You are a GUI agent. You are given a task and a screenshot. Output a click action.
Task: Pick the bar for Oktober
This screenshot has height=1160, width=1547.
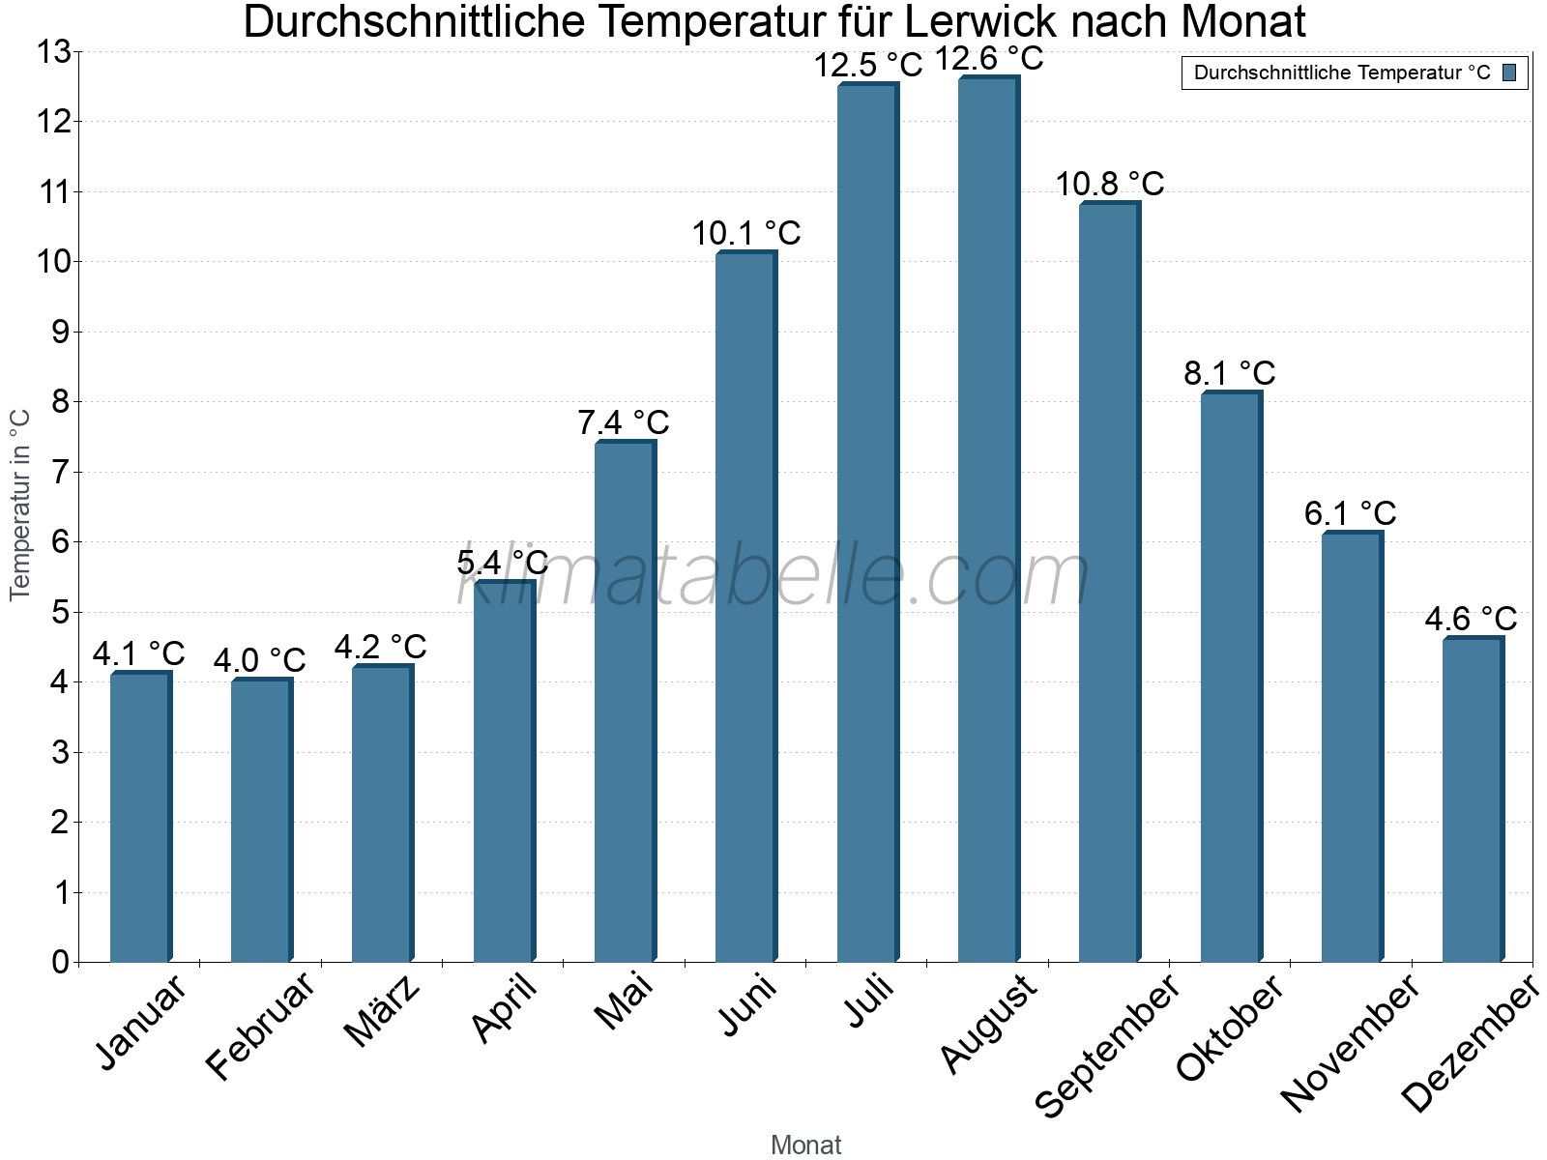[1231, 677]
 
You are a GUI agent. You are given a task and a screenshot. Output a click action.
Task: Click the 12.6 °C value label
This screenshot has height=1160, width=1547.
[989, 59]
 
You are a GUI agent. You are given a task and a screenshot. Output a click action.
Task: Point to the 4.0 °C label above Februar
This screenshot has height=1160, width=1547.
[259, 661]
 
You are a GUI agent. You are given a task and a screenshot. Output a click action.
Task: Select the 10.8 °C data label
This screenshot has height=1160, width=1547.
[1110, 184]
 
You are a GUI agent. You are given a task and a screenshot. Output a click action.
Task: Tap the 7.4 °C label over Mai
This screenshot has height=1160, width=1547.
[624, 423]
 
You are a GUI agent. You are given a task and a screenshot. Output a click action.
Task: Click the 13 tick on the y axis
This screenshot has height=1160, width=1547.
[53, 52]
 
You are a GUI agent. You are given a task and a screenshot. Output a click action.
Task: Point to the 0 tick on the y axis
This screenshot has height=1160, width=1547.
[60, 962]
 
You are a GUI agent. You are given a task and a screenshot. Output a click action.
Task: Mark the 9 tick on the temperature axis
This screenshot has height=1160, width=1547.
[60, 332]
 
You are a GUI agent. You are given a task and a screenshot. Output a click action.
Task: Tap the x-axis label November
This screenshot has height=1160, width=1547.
[1350, 1042]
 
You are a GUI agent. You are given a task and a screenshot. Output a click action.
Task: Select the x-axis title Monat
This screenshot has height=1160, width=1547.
[805, 1145]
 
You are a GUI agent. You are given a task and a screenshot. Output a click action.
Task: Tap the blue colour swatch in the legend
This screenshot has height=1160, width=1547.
[1509, 72]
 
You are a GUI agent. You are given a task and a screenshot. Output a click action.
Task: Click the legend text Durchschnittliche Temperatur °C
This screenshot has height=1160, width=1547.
[1342, 72]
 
